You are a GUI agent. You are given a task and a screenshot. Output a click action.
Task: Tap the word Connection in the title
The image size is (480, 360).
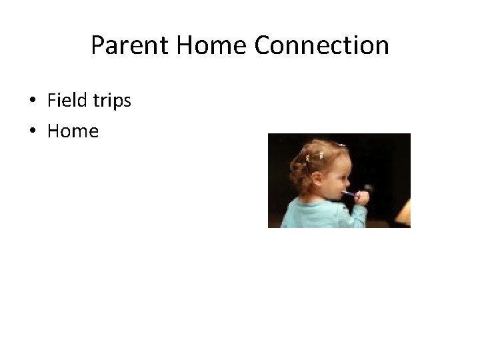click(321, 46)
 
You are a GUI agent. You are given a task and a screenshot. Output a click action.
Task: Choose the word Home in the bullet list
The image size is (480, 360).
click(73, 131)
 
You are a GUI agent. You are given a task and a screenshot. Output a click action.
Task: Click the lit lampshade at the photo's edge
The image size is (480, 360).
click(404, 213)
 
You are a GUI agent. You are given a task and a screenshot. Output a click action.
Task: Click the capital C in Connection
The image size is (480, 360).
click(261, 46)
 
